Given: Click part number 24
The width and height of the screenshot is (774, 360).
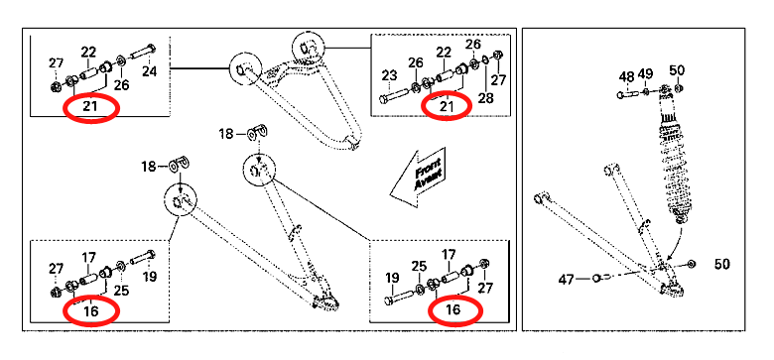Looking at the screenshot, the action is coord(149,71).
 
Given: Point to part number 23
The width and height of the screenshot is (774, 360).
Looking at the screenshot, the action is coord(389,76).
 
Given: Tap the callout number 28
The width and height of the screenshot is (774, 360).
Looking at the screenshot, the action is coord(485,98).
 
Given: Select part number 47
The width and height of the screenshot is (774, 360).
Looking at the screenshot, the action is coord(567,280).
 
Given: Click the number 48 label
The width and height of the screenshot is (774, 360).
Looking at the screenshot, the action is coord(627,77).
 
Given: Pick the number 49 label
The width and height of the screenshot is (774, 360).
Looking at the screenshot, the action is coord(645,74).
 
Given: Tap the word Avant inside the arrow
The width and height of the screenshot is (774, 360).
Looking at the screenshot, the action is coord(422,180).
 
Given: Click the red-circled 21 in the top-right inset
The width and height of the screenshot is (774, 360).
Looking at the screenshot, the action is coord(447,105).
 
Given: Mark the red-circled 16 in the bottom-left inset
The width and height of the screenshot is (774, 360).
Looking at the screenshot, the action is coord(91,310).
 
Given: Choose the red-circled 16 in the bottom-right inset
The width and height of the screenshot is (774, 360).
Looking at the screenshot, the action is coord(452,309).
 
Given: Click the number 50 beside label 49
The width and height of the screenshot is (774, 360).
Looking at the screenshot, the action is coord(677,70).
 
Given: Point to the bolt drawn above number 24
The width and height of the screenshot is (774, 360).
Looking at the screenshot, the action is coord(143,51).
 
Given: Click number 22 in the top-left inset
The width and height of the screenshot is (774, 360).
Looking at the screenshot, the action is coord(89,52).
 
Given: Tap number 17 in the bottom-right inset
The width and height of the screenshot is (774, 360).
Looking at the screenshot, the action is coord(449,255).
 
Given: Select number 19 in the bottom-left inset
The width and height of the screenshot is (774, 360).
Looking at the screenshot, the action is coord(149,276).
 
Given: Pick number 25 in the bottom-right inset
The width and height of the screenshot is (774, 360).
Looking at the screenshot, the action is coord(419,267).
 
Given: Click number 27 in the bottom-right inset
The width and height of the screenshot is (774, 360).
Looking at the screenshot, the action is coord(485,288).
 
